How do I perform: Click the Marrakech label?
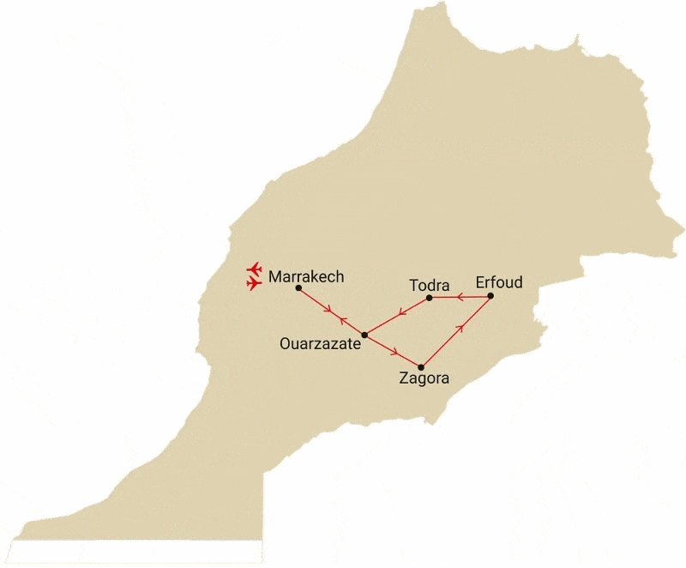(x=306, y=277)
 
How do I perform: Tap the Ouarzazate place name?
(x=320, y=344)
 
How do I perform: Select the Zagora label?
(x=424, y=378)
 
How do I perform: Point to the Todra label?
(x=430, y=285)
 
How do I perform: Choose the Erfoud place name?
(x=499, y=282)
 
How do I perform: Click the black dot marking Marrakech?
(x=298, y=288)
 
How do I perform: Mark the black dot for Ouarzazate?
(x=364, y=335)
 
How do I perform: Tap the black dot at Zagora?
(x=421, y=367)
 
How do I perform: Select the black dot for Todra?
(x=429, y=298)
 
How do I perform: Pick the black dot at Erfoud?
(x=490, y=297)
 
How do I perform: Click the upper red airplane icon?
(x=252, y=269)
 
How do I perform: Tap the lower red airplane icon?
(x=253, y=282)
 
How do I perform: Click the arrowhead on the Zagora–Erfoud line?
(x=461, y=326)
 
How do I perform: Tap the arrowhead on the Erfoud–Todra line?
(x=460, y=298)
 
